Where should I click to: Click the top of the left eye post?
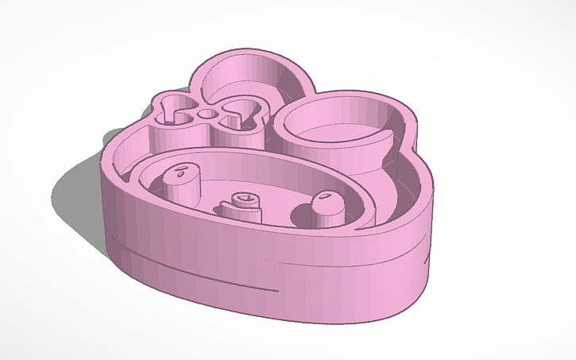click(x=183, y=171)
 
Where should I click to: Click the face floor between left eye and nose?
click(x=211, y=199)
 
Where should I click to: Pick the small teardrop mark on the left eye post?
click(x=183, y=169)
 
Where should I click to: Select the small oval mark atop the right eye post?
click(x=324, y=195)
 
